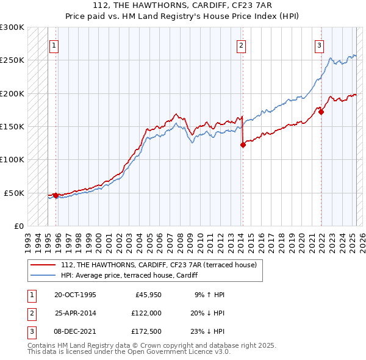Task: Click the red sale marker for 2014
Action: click(243, 145)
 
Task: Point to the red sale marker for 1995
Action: click(56, 195)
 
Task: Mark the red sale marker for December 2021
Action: click(321, 112)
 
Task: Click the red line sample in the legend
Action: click(43, 264)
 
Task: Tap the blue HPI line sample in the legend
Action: click(43, 275)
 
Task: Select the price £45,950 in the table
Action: click(144, 294)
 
